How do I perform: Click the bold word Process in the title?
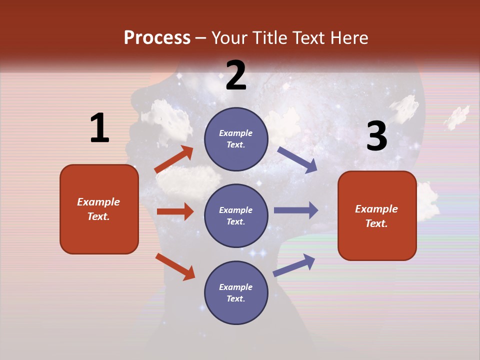[x=157, y=37]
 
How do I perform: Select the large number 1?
[x=99, y=128]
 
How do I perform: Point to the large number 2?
[x=236, y=75]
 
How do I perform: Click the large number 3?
[x=376, y=136]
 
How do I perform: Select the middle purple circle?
[x=236, y=215]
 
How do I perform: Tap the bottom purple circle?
[x=236, y=292]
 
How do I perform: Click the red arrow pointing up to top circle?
[x=174, y=159]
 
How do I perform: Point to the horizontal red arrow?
[x=175, y=211]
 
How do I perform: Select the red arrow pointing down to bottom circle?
[x=175, y=266]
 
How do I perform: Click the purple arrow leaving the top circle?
[x=297, y=159]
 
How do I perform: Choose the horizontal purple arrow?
[x=296, y=210]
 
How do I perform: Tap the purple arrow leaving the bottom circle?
[x=294, y=265]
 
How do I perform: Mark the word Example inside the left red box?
[x=98, y=202]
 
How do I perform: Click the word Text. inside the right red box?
[x=376, y=223]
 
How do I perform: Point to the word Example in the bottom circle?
[x=236, y=287]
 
